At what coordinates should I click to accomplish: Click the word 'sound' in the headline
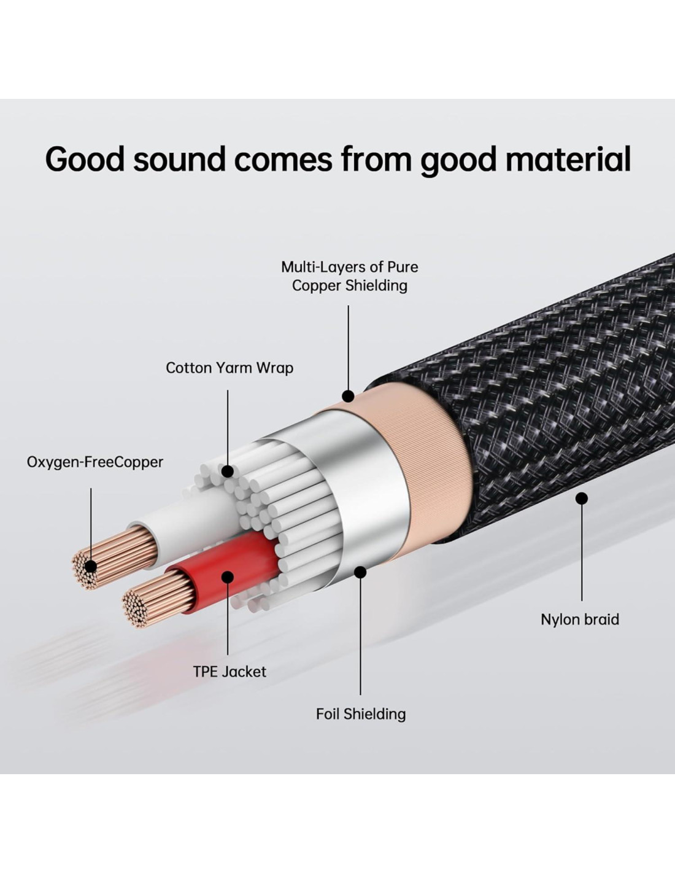coord(179,159)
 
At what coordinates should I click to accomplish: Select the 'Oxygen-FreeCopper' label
coord(95,462)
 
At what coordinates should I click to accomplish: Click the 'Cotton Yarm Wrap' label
coord(229,368)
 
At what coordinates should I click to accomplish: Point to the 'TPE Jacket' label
coord(229,672)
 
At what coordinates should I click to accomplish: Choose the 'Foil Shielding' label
coord(361,714)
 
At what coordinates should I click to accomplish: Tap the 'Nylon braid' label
coord(580,619)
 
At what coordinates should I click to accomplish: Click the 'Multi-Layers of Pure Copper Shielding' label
coord(350,276)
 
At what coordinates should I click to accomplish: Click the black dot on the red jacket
coord(228,577)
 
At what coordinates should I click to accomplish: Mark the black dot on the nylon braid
coord(582,499)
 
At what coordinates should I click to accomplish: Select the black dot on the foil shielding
coord(361,572)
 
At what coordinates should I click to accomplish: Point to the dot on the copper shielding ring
coord(348,396)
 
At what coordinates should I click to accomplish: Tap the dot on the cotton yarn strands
coord(228,471)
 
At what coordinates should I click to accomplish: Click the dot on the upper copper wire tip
coord(91,566)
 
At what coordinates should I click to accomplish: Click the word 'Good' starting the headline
coord(84,159)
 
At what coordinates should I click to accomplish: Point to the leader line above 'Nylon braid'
coord(582,553)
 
